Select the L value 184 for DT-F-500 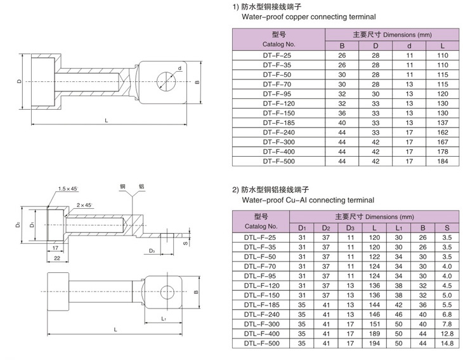[x=443, y=161]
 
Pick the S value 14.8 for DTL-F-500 [x=447, y=343]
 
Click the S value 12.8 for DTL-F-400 [x=447, y=333]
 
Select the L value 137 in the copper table [x=443, y=122]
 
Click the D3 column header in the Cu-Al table [x=349, y=227]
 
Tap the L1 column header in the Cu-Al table [x=399, y=227]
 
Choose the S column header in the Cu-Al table [x=447, y=227]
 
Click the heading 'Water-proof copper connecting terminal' [x=301, y=17]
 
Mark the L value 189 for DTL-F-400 [x=375, y=333]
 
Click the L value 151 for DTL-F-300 [x=375, y=323]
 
